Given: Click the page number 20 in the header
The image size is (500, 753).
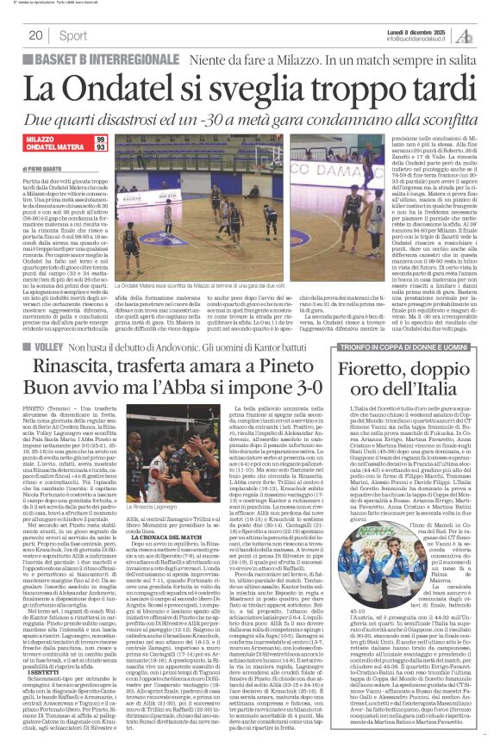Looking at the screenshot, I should coord(36,35).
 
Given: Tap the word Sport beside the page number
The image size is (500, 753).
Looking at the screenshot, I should coord(73,35).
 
